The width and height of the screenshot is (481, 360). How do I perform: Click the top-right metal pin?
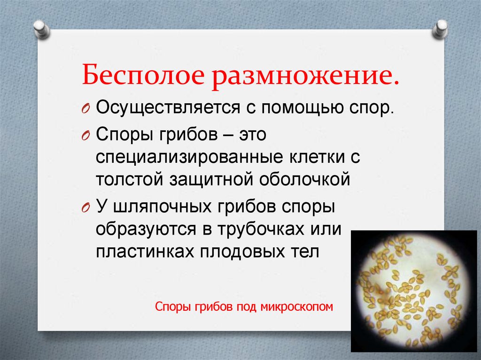pyautogui.click(x=441, y=29)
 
